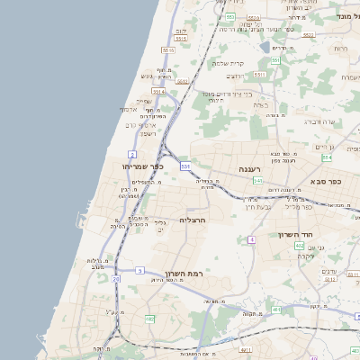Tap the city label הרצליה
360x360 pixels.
click(x=193, y=220)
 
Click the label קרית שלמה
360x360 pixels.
click(x=226, y=63)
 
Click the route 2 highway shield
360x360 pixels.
click(x=132, y=155)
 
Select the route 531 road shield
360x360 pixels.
click(x=185, y=166)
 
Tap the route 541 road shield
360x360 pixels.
click(x=258, y=181)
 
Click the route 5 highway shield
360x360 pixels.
click(x=139, y=270)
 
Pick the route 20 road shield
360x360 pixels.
click(x=116, y=280)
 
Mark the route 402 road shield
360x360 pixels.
click(x=299, y=245)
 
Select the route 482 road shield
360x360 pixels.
click(x=149, y=319)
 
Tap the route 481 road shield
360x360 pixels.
click(x=276, y=310)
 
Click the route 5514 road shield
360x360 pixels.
click(x=158, y=91)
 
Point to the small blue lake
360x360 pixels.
click(x=264, y=47)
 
